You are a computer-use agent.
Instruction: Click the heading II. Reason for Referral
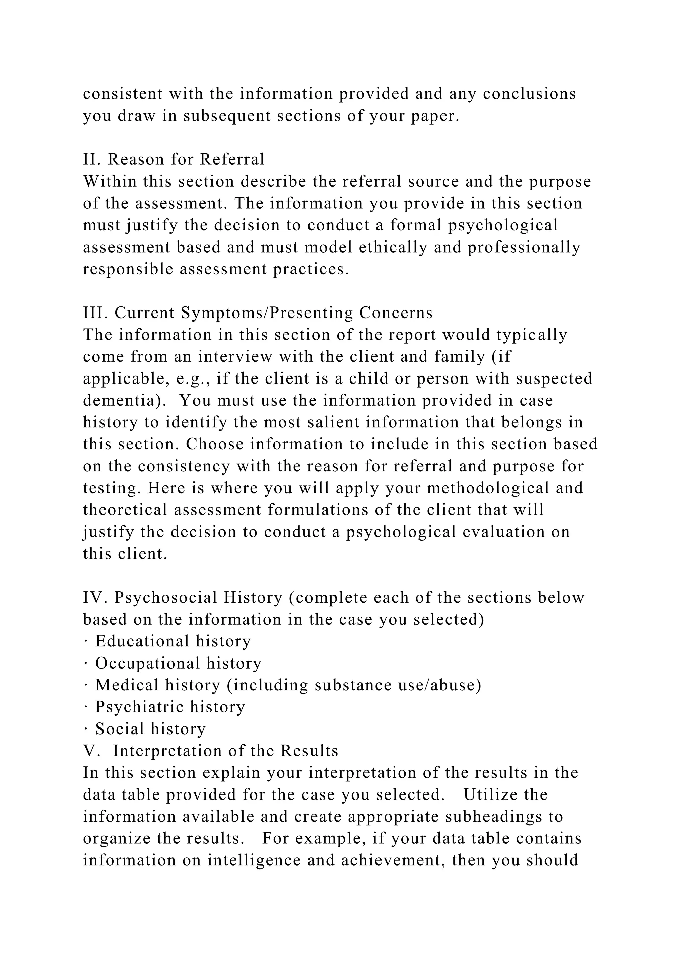click(174, 159)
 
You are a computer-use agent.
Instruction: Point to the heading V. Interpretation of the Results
click(211, 751)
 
